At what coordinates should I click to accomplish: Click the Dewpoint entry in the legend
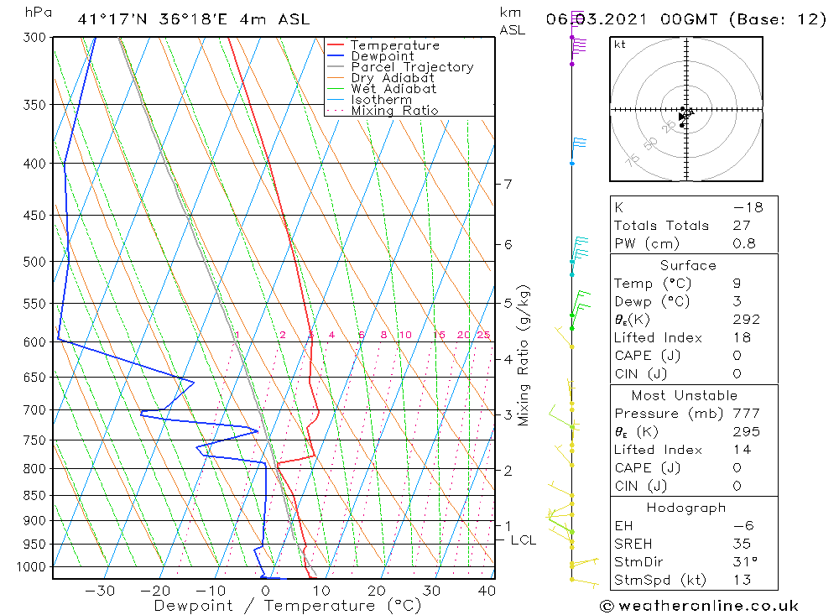(382, 56)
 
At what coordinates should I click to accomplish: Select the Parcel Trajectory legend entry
(412, 67)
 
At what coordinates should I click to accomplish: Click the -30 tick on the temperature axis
(101, 591)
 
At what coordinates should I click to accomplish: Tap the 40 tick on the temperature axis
(486, 591)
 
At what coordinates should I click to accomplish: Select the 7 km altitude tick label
(508, 184)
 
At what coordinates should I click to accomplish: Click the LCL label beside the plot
(523, 540)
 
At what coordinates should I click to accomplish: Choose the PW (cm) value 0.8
(744, 244)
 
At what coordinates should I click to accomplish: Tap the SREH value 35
(742, 544)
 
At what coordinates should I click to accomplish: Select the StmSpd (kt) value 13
(742, 581)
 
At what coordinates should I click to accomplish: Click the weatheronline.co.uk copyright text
(699, 606)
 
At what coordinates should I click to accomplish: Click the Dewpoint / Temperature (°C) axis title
(288, 606)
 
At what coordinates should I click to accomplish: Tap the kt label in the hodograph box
(620, 44)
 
